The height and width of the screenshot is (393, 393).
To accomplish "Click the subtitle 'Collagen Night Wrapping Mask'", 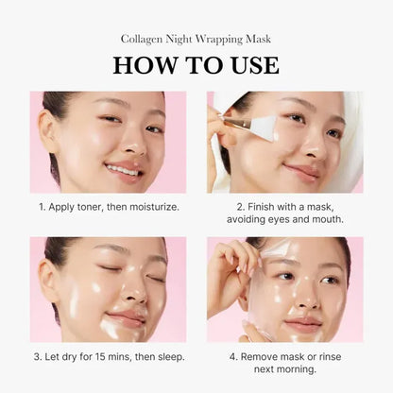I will click(196, 39).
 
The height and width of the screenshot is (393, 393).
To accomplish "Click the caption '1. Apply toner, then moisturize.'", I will click(108, 205).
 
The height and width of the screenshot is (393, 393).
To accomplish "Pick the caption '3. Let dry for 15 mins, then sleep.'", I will click(108, 356).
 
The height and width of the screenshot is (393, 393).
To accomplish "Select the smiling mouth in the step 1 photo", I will click(122, 170).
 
